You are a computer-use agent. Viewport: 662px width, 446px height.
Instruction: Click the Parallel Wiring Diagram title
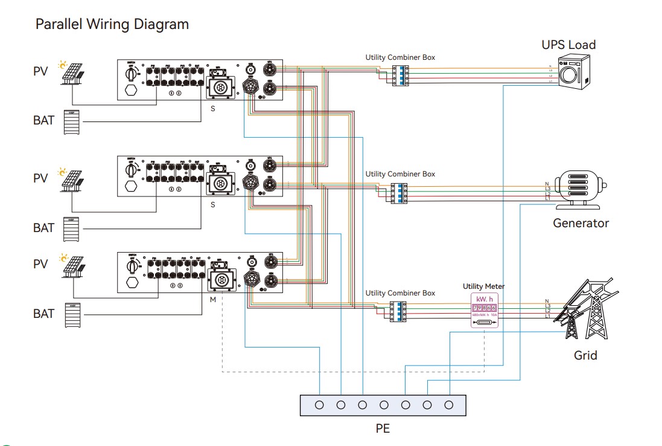point(112,24)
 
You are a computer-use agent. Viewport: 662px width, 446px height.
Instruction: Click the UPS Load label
point(568,45)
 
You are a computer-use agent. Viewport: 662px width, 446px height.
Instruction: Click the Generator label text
point(581,223)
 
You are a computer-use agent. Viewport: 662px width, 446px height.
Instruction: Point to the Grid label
point(585,355)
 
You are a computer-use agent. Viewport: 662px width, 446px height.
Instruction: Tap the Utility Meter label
point(484,286)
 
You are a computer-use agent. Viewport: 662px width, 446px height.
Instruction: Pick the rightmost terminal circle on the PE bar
point(448,404)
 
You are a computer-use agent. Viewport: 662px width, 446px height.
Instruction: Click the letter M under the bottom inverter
point(212,300)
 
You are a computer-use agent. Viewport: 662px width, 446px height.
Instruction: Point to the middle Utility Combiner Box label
point(400,174)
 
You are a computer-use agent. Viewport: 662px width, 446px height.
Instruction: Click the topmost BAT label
point(43,120)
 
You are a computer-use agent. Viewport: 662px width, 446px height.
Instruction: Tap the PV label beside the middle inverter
point(40,178)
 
